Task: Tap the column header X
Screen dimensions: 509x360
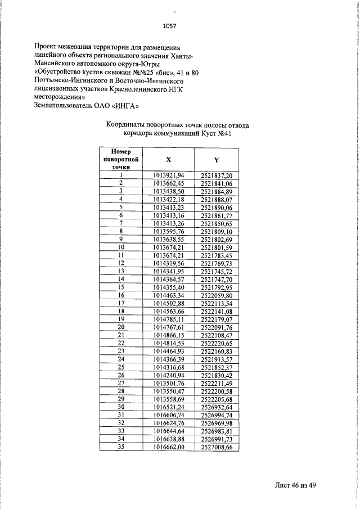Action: (x=168, y=159)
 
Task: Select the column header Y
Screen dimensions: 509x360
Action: (x=217, y=159)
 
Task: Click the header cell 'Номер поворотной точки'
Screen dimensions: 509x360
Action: (x=120, y=159)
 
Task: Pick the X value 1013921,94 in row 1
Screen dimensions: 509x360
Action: (x=168, y=175)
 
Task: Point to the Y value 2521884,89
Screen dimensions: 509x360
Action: (x=217, y=191)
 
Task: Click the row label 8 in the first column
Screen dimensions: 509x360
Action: (x=120, y=231)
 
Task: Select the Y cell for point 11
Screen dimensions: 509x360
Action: (x=217, y=255)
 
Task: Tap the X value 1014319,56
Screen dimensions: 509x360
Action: (x=168, y=263)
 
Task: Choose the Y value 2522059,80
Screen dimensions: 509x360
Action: (x=217, y=295)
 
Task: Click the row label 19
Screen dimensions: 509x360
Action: (x=120, y=319)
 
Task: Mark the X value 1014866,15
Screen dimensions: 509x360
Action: (x=168, y=335)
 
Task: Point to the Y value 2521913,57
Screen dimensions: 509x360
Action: (x=217, y=359)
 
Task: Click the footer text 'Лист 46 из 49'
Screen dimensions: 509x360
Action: (x=296, y=486)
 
